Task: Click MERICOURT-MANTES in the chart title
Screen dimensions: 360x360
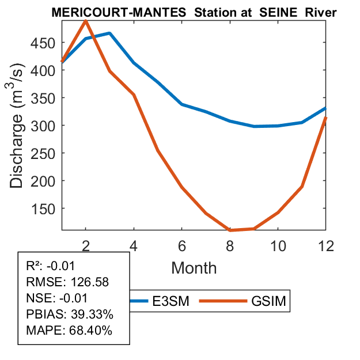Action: [x=105, y=12]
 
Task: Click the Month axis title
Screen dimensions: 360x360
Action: [x=194, y=267]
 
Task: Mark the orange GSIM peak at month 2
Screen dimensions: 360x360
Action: [x=86, y=21]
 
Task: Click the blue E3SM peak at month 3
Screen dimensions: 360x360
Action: [x=109, y=33]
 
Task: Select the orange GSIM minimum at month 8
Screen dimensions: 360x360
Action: [x=230, y=230]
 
